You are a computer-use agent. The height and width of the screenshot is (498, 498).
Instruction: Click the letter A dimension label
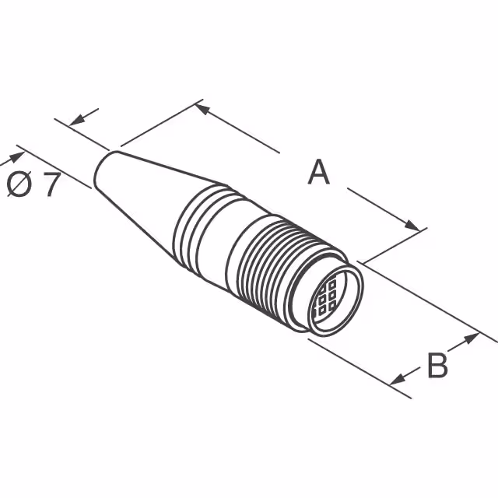[318, 172]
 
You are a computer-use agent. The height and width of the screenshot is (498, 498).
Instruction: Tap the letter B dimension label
[437, 364]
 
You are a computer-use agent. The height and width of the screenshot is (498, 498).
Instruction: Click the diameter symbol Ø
[19, 186]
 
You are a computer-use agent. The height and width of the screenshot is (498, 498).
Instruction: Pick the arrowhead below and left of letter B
[398, 379]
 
